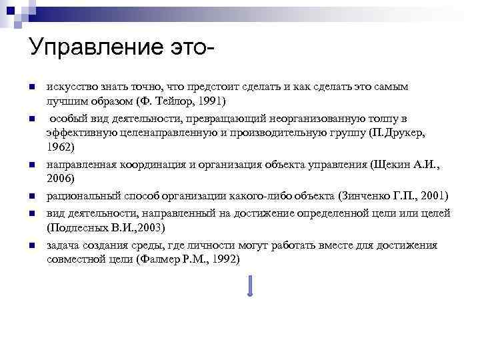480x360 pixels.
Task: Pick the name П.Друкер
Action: coord(395,133)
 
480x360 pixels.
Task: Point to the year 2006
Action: coord(61,178)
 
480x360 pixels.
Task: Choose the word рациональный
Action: coord(78,196)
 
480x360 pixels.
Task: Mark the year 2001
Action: coord(433,196)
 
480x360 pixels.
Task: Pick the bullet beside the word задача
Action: coord(31,245)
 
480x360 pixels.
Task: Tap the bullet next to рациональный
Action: coord(31,197)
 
